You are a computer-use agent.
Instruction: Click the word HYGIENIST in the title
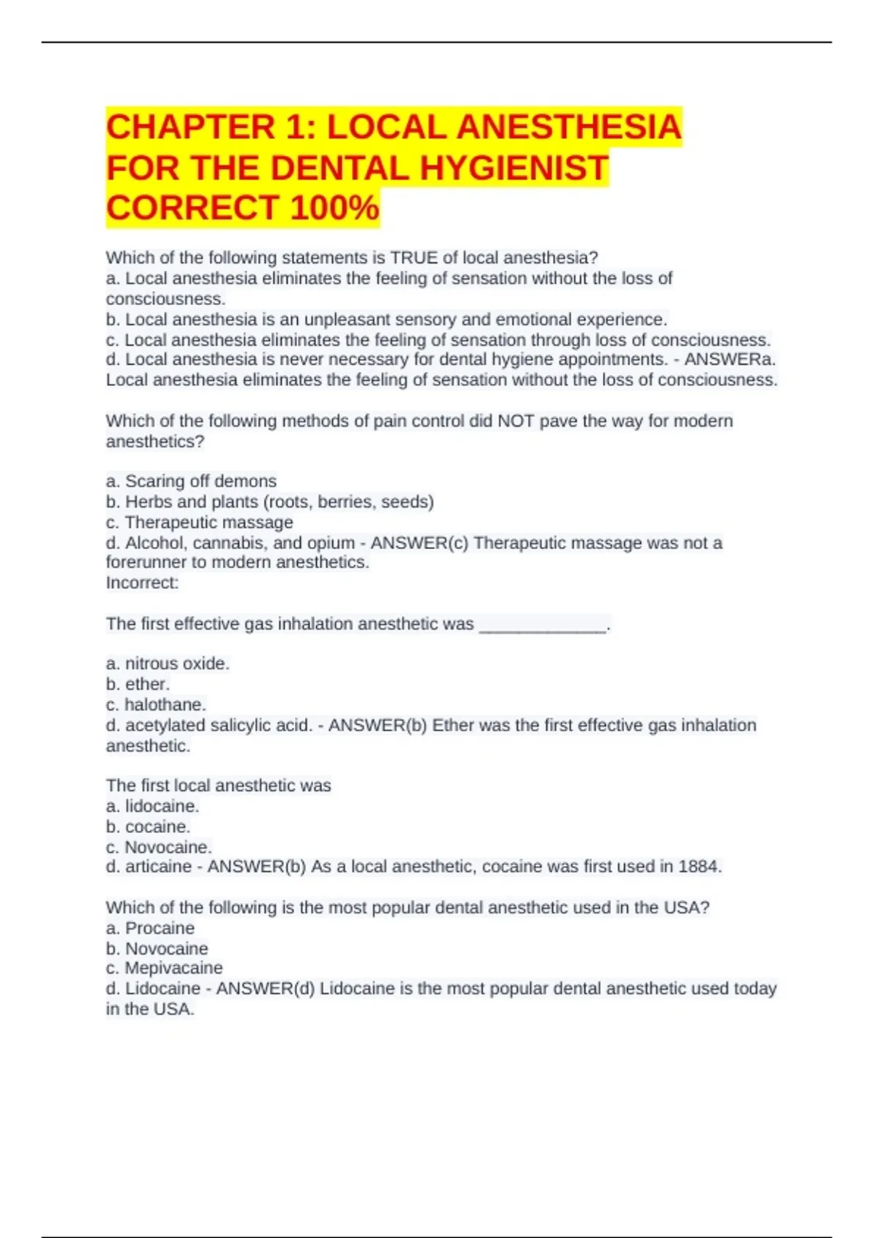(x=513, y=168)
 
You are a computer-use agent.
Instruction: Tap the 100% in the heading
(x=334, y=208)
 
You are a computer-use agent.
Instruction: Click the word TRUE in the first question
(x=414, y=258)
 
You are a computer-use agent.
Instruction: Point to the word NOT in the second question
(x=516, y=421)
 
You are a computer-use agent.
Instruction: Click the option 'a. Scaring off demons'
(x=191, y=481)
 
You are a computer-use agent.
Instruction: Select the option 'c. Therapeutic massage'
(x=199, y=522)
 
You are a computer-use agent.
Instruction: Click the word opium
(x=334, y=543)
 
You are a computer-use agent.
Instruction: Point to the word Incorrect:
(x=142, y=583)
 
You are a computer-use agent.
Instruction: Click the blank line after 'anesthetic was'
(x=543, y=625)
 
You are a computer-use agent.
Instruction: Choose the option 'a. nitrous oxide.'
(x=168, y=663)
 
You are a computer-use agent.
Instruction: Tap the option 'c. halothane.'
(x=156, y=704)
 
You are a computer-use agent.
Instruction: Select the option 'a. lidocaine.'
(x=152, y=806)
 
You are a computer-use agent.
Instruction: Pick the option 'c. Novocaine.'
(x=159, y=847)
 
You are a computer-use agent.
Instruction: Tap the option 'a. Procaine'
(x=150, y=928)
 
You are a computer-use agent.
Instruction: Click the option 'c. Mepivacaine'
(x=164, y=968)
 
